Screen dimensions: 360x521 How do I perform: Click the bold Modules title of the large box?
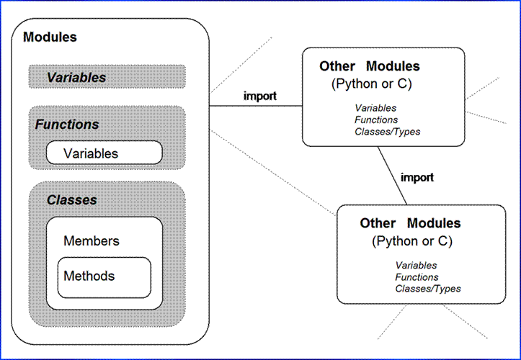coord(50,37)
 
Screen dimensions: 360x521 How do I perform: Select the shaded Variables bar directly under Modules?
coord(107,77)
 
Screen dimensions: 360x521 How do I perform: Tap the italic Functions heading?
coord(67,125)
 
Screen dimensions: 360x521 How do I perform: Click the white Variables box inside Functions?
coord(104,153)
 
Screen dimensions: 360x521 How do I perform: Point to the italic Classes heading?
coord(71,199)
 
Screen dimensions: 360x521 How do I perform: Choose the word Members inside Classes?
coord(92,240)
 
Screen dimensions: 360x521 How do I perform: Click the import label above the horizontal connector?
coord(260,96)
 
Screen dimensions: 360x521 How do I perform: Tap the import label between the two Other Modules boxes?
coord(417,177)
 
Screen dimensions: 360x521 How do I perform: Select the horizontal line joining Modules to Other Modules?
coord(255,107)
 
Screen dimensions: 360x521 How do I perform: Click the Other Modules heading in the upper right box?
coord(369,66)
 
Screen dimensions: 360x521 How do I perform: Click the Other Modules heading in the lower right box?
coord(410,223)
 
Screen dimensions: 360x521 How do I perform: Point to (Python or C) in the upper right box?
coord(369,83)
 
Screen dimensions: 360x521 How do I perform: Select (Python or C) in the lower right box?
coord(410,240)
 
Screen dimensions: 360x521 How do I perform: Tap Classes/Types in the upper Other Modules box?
coord(387,132)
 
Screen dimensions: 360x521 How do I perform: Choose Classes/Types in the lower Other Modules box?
coord(428,289)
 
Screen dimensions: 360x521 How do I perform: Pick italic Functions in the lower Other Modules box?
coord(417,277)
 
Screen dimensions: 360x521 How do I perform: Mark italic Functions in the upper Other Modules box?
coord(376,120)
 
